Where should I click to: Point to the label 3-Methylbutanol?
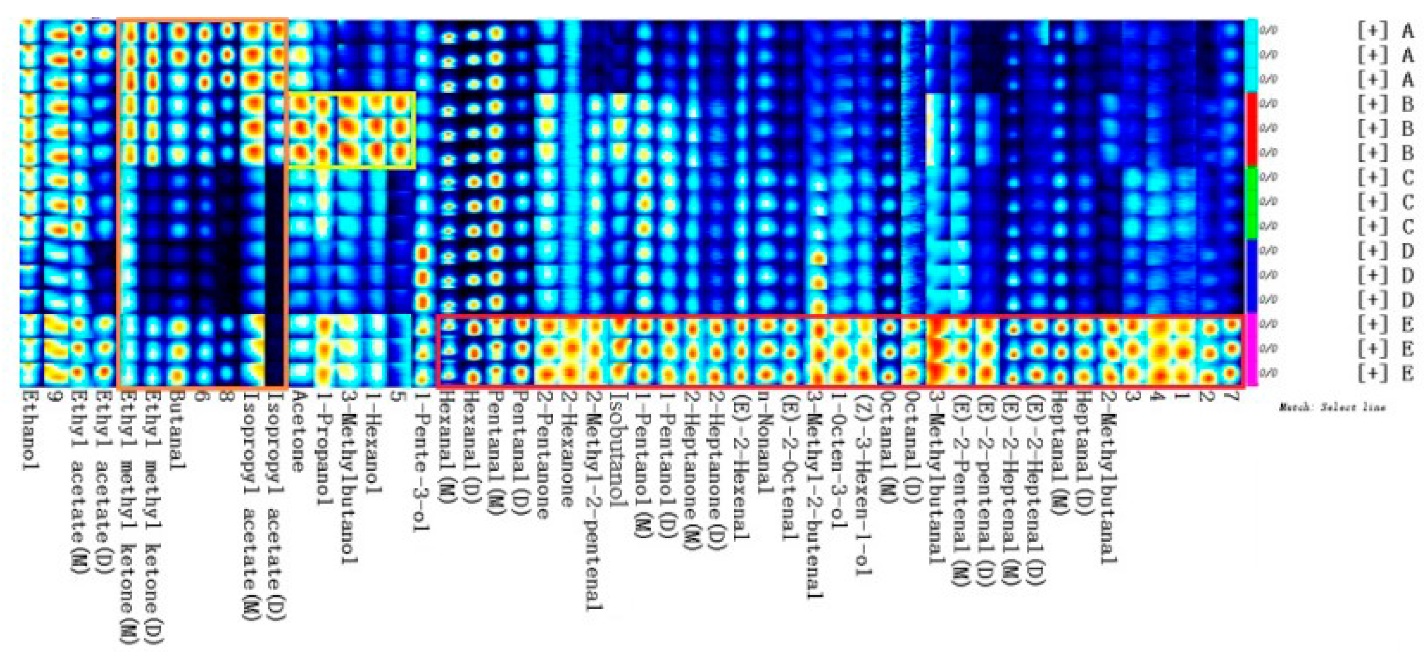tap(348, 477)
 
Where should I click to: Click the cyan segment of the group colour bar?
tap(1251, 55)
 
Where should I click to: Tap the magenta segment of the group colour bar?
tap(1251, 349)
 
